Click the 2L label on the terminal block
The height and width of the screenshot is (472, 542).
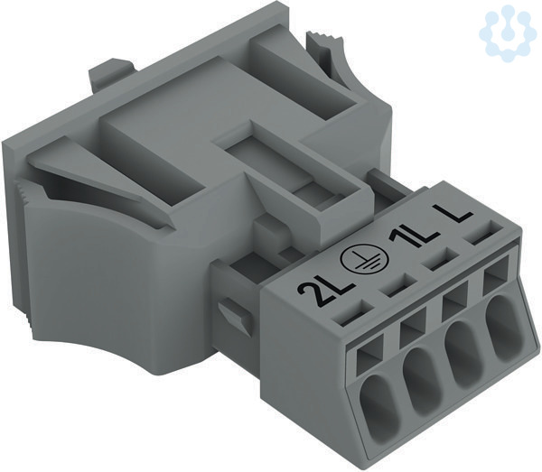click(x=326, y=292)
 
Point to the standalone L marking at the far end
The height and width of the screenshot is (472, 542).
click(x=454, y=212)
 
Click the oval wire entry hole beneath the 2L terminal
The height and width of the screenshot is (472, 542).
click(x=376, y=398)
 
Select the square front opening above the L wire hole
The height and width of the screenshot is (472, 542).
click(x=497, y=278)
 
